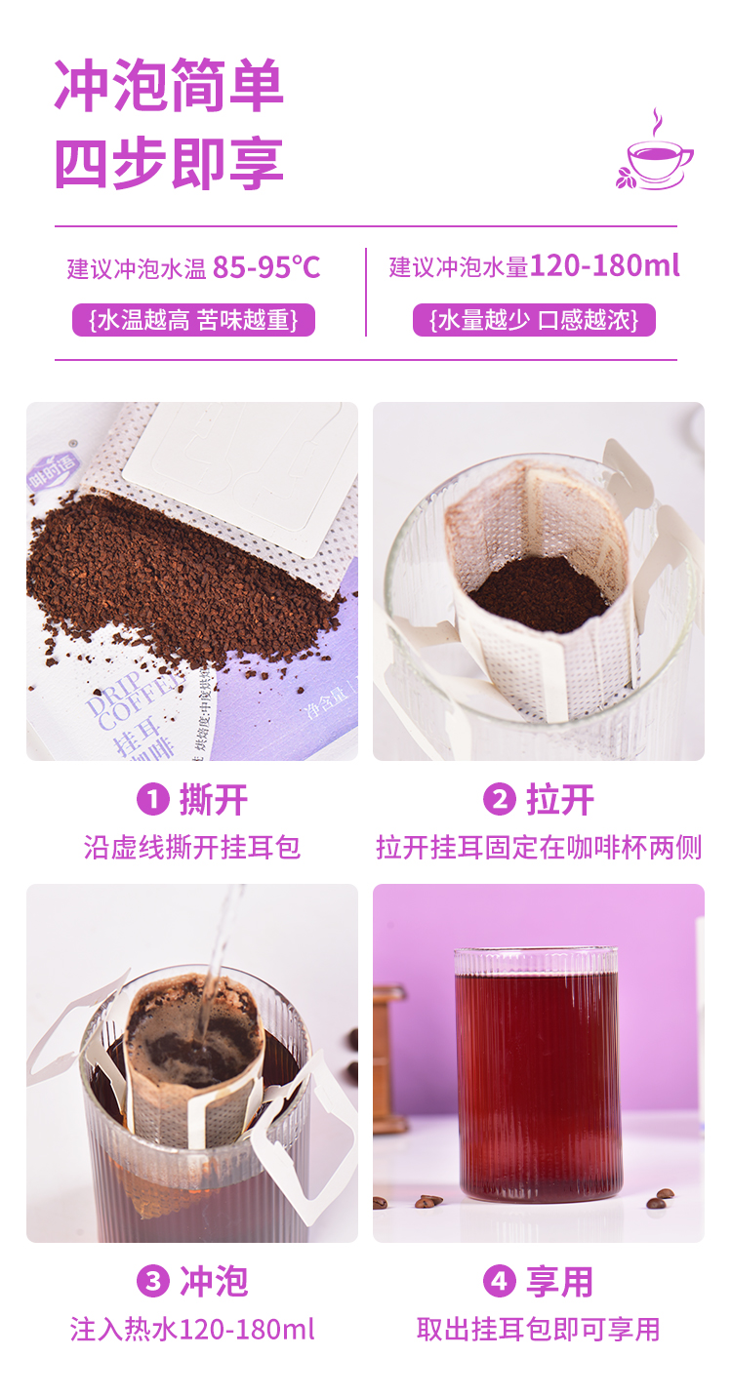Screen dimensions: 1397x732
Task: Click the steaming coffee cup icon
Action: (655, 152)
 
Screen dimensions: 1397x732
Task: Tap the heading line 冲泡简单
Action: (169, 86)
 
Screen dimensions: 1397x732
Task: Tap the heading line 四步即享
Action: (169, 163)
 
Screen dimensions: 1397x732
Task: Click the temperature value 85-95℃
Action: (266, 267)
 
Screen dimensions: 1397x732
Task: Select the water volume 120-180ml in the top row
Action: (604, 266)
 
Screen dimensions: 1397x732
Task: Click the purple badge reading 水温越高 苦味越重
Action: (193, 320)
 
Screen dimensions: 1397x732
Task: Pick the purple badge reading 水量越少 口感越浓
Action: (534, 320)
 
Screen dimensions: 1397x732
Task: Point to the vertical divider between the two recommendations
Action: (366, 292)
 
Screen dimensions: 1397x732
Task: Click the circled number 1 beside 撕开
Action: (152, 800)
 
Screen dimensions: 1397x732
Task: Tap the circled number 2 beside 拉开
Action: (499, 800)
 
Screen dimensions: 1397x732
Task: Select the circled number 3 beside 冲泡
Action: (152, 1281)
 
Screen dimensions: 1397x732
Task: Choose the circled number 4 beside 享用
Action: (499, 1281)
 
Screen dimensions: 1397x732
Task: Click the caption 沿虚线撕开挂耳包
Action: (192, 847)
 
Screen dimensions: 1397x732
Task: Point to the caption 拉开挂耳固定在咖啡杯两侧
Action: (539, 847)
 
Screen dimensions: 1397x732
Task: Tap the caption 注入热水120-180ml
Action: (192, 1329)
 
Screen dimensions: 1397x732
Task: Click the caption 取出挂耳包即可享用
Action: (539, 1329)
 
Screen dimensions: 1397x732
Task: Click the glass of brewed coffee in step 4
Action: (538, 1073)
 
